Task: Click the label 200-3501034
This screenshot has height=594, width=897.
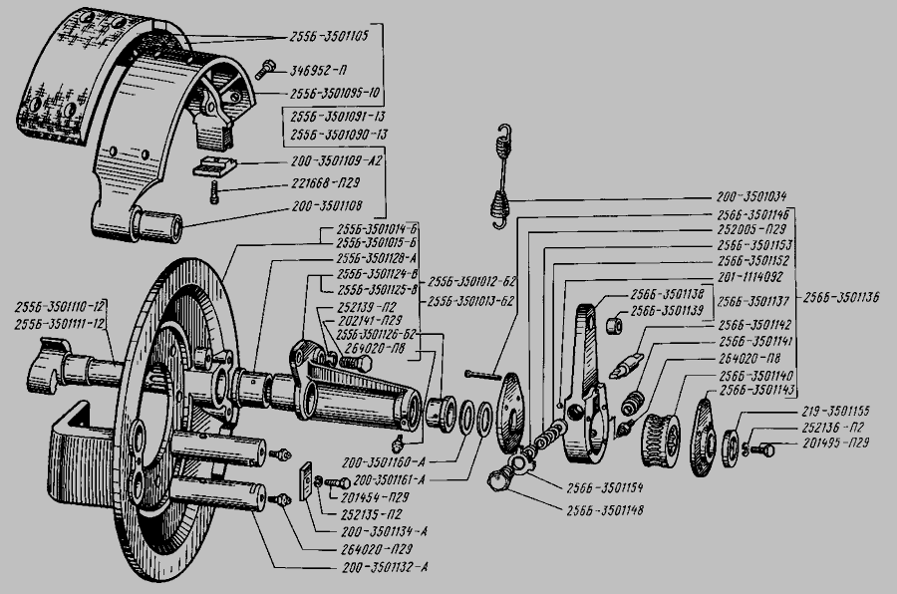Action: pos(758,196)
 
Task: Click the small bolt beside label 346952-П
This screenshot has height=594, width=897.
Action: pos(266,70)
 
